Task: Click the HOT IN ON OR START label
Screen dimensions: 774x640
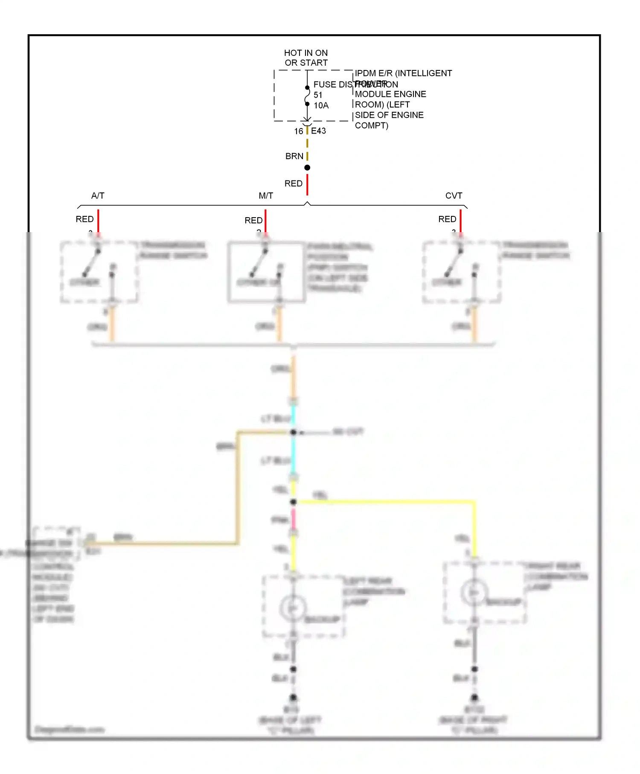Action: click(x=306, y=58)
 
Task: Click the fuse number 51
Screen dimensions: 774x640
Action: click(x=318, y=95)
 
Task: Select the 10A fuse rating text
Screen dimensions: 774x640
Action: click(x=321, y=105)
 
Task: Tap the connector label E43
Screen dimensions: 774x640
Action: click(x=318, y=131)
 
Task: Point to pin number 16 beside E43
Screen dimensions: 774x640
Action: click(x=298, y=131)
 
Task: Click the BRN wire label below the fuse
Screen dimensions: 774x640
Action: click(x=294, y=156)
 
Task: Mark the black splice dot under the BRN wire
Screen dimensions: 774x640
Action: click(x=307, y=168)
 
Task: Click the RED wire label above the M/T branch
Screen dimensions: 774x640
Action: click(x=293, y=183)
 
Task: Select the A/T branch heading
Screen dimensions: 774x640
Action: click(x=98, y=195)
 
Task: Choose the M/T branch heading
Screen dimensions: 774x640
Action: click(x=265, y=195)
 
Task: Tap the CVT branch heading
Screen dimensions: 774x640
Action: click(x=454, y=195)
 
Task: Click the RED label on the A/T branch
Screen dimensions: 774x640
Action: click(x=84, y=219)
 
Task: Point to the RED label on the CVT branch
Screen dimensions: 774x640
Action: click(x=447, y=219)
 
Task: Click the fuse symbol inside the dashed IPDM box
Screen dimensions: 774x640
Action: click(x=307, y=96)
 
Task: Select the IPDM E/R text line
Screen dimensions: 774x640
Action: click(x=403, y=73)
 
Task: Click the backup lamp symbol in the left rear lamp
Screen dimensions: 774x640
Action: click(x=293, y=608)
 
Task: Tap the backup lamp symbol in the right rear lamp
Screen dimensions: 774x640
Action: click(x=474, y=592)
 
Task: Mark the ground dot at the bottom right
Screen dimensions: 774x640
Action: click(x=474, y=698)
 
